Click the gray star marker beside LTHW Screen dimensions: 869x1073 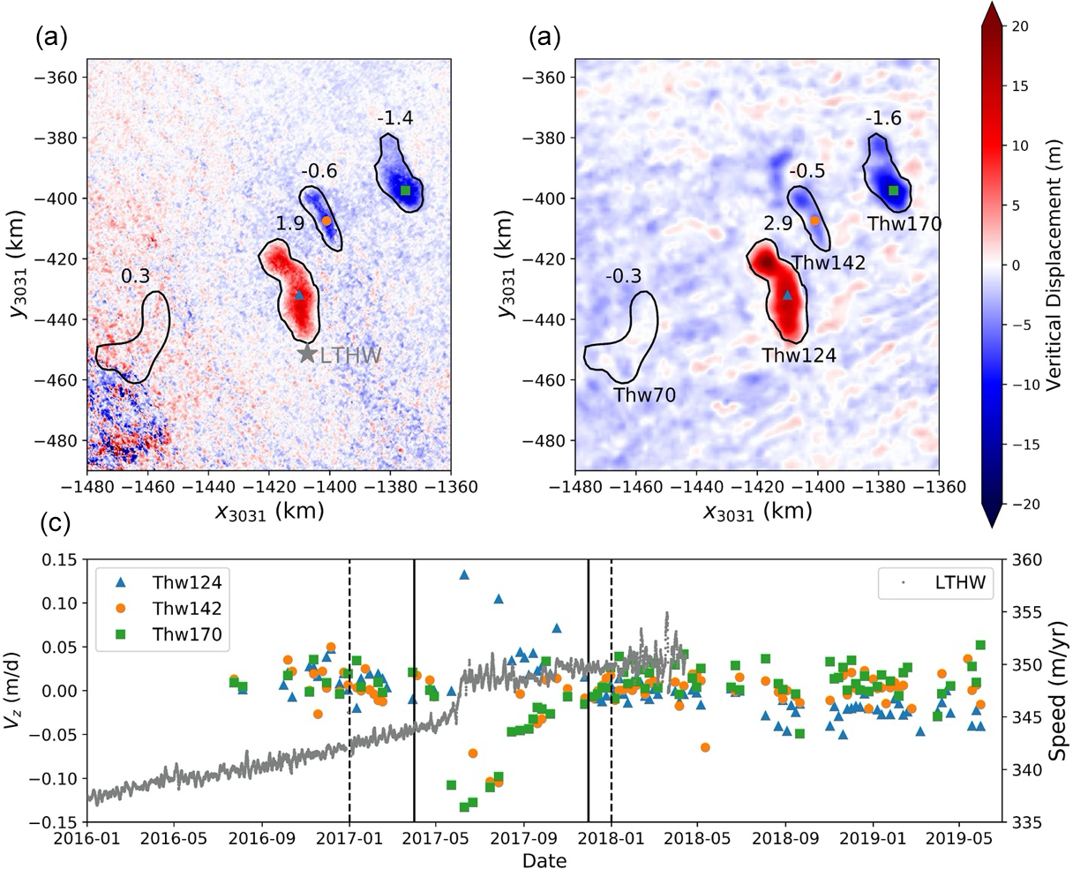point(307,354)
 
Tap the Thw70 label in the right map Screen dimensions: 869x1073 point(645,395)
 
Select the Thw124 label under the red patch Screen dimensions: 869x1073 point(799,356)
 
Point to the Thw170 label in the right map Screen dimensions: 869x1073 point(904,224)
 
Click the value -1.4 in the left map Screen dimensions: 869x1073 point(394,118)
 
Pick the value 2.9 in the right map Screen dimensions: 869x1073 point(778,224)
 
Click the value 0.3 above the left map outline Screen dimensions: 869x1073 point(135,276)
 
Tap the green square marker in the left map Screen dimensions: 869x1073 point(406,191)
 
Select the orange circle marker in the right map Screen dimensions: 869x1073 point(814,221)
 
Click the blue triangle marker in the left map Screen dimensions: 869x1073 point(299,295)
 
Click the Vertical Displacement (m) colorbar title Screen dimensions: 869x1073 point(1054,265)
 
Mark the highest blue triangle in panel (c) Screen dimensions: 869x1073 point(464,574)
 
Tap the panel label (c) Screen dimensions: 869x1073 point(54,526)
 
